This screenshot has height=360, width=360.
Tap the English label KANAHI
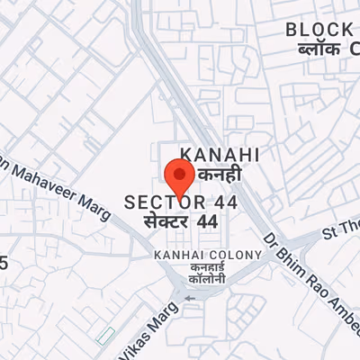point(220,154)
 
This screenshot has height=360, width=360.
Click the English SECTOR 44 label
point(181,202)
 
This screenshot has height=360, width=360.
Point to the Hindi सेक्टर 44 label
point(181,220)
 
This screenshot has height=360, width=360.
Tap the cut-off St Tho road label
point(341,231)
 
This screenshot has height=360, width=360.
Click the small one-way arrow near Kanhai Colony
point(189,298)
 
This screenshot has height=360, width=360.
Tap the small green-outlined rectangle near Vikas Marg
point(106,335)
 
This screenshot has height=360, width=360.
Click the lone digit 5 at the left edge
point(4,264)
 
